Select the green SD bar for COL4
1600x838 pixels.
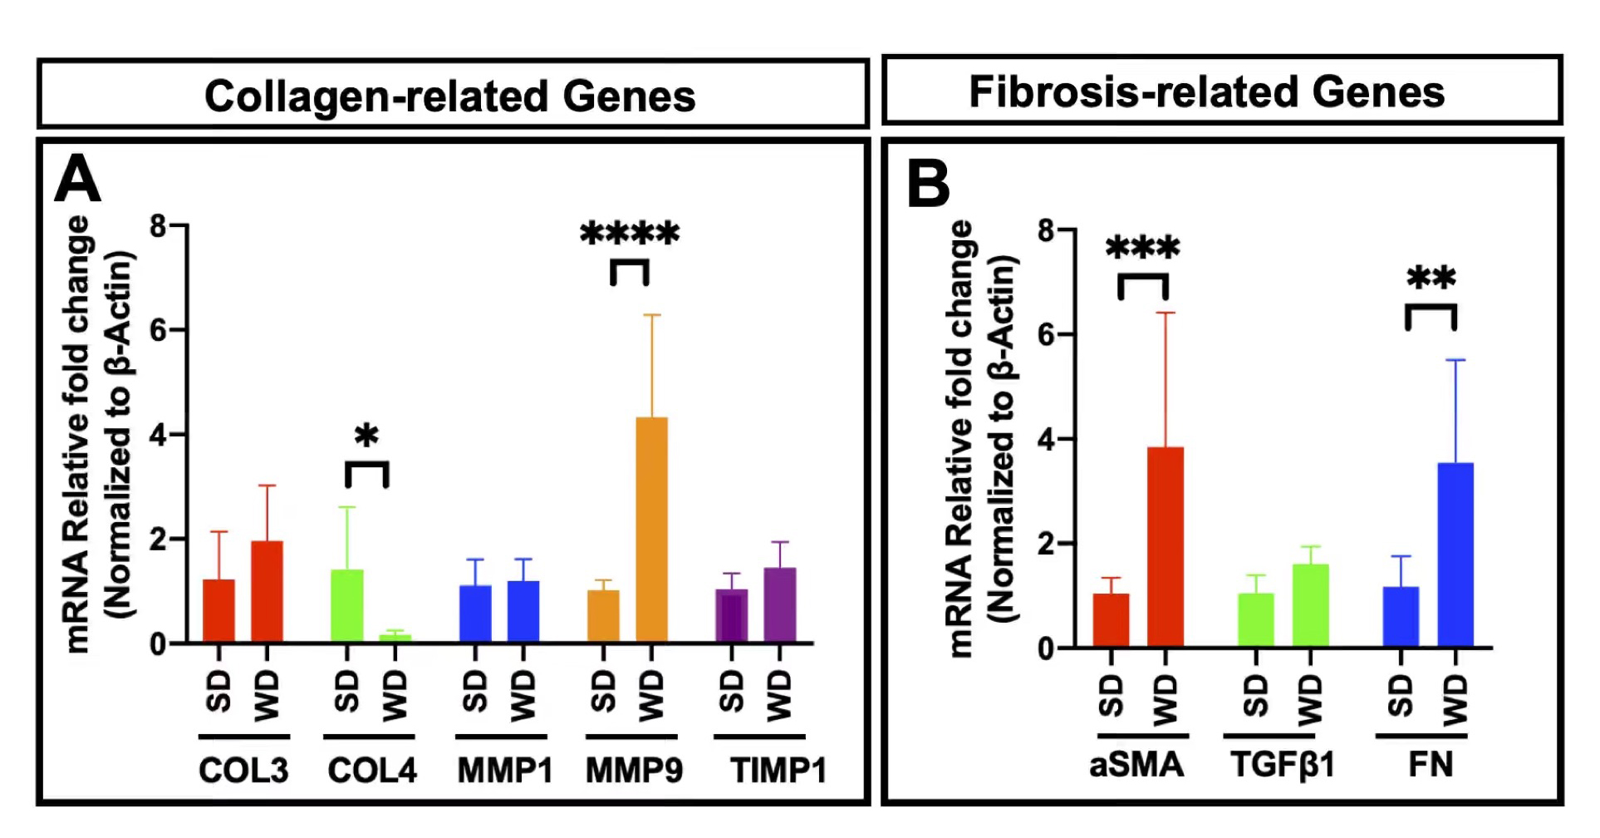point(347,606)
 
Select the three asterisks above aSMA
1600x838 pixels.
point(1143,248)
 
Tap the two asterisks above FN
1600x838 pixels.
point(1431,279)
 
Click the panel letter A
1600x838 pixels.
point(76,180)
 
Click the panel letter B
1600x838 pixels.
point(928,185)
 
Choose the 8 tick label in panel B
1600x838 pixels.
point(1046,230)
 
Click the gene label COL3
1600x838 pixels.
point(243,771)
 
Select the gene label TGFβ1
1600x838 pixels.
point(1282,764)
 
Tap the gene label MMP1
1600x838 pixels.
point(505,771)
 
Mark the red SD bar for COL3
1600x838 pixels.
point(218,611)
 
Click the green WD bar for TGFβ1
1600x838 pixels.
point(1310,605)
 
